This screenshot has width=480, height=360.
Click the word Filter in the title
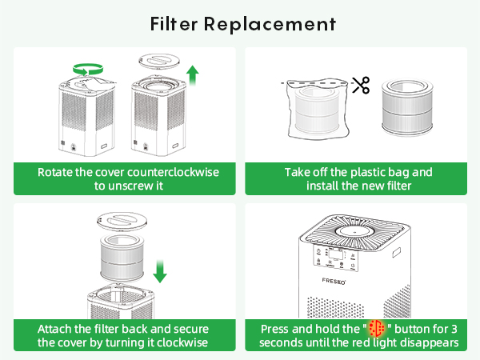pos(175,23)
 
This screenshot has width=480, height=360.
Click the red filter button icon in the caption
pos(376,330)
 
